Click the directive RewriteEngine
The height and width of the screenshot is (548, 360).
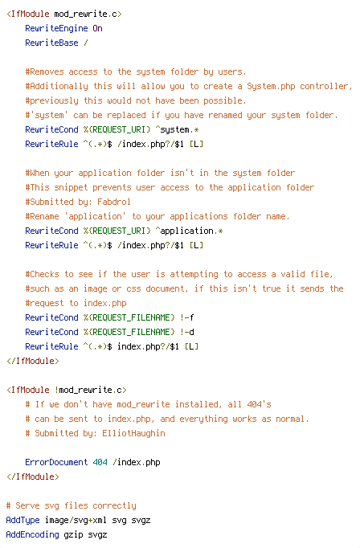[56, 28]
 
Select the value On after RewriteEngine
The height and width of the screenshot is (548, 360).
[97, 28]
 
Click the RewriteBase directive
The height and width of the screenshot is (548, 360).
[51, 43]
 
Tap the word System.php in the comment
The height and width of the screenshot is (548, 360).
[271, 86]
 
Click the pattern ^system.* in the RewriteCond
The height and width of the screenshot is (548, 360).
[177, 129]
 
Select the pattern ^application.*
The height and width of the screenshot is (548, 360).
[189, 231]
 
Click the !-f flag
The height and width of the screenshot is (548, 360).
[187, 317]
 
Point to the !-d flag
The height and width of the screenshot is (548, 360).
[187, 332]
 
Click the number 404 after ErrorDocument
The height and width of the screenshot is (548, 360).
[100, 462]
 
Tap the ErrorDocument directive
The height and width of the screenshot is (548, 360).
[56, 462]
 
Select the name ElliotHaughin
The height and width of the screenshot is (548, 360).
[133, 433]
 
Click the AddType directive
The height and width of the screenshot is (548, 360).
[22, 521]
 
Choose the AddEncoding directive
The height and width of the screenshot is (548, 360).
[32, 534]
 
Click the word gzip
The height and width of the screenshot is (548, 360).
[73, 535]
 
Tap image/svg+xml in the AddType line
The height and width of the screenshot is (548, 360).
[76, 521]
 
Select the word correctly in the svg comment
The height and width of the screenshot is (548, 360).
[114, 505]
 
